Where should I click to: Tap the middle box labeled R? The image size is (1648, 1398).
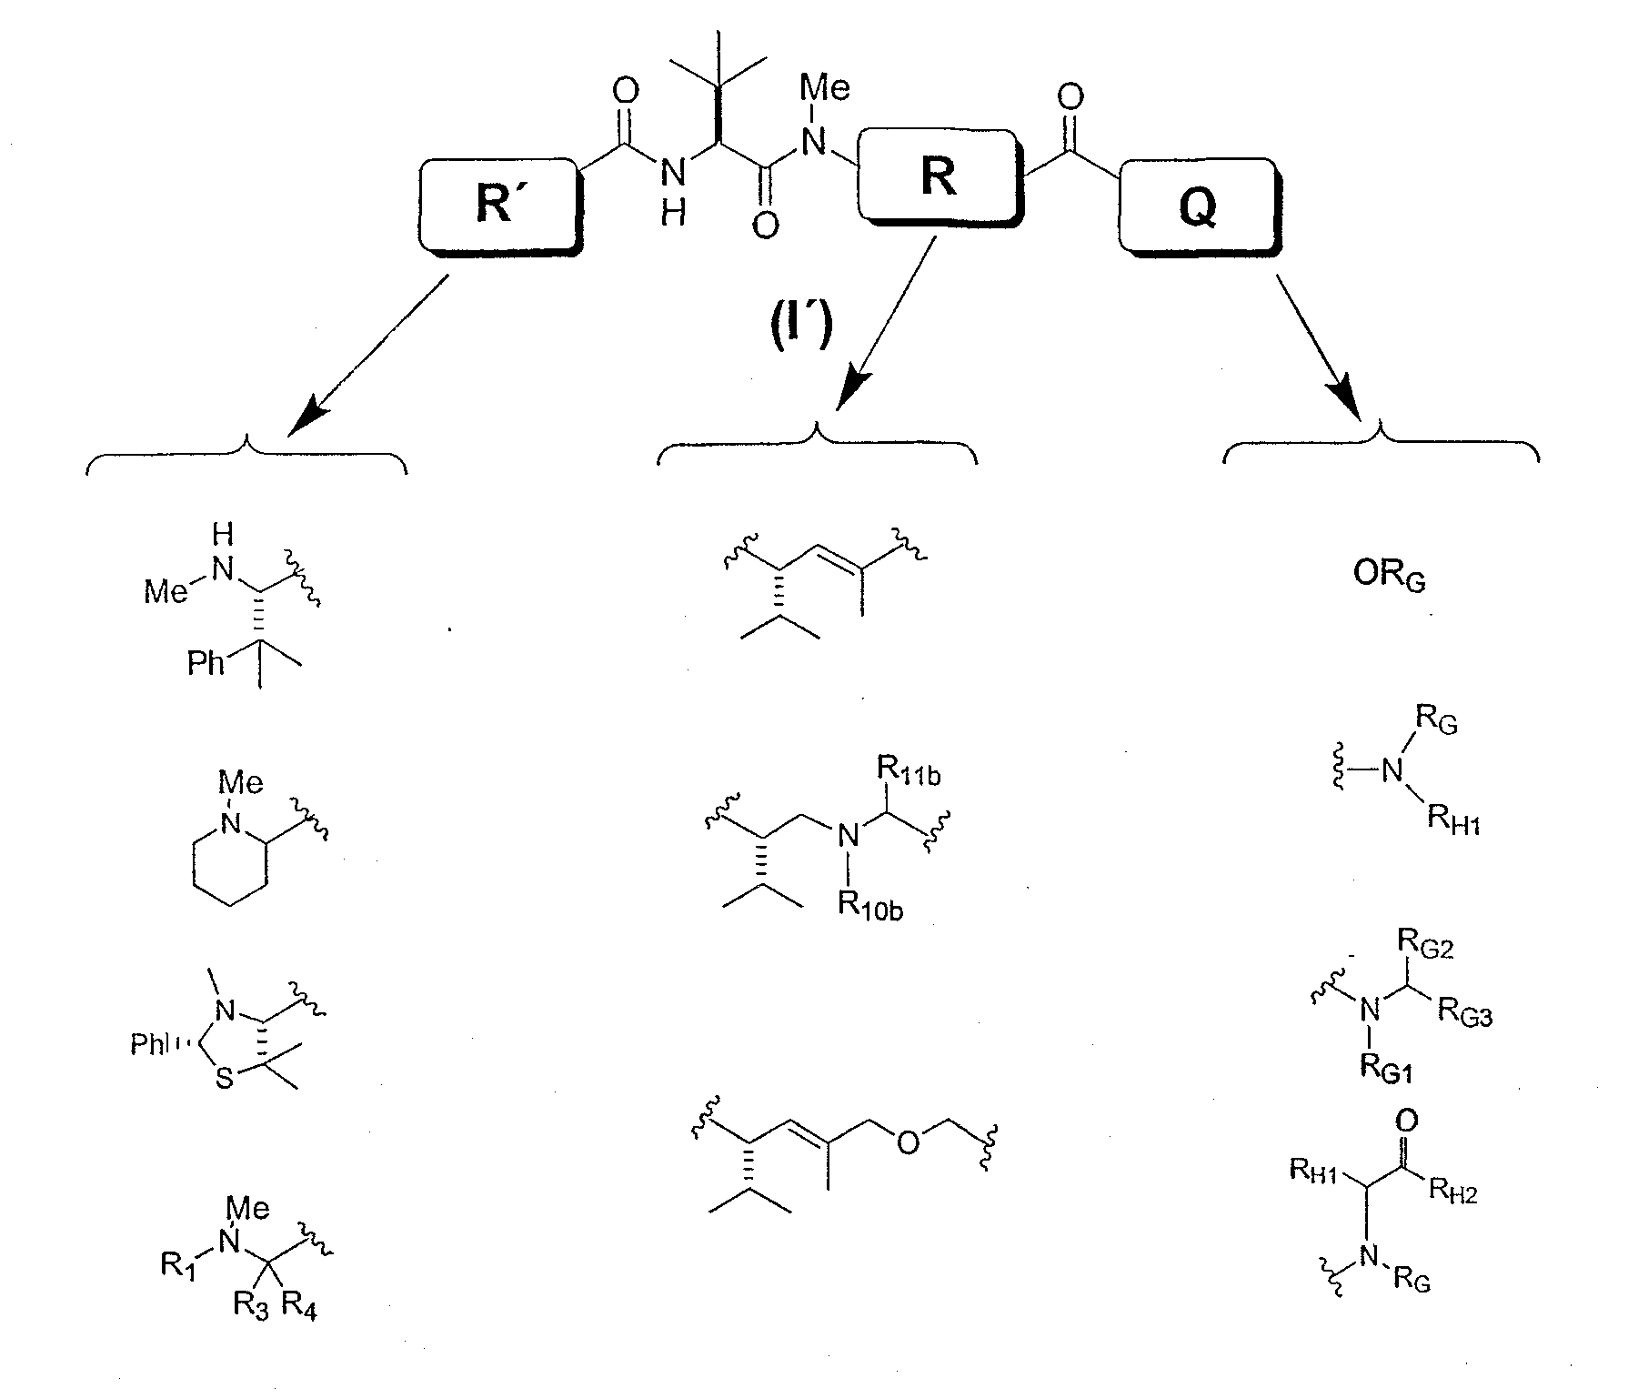pyautogui.click(x=938, y=176)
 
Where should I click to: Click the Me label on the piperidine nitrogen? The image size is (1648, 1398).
pyautogui.click(x=242, y=782)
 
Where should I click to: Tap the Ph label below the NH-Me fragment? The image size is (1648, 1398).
pyautogui.click(x=206, y=662)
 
